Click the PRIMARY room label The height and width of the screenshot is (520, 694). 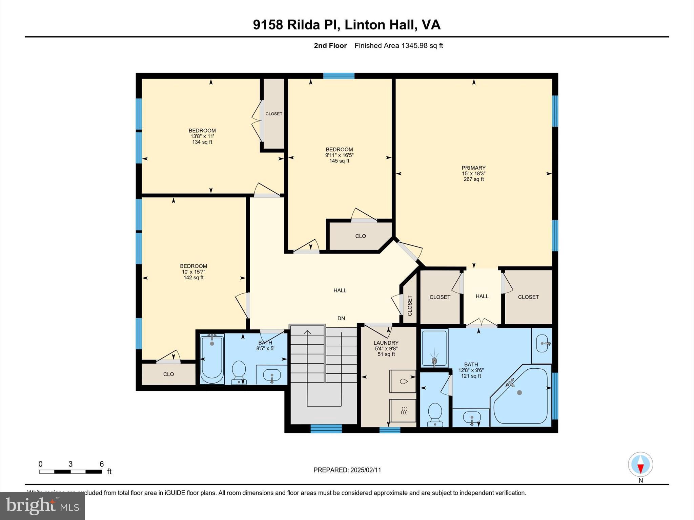point(473,168)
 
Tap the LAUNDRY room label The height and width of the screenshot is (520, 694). point(386,343)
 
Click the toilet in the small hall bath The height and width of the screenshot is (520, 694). point(239,372)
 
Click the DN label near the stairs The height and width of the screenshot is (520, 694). point(341,318)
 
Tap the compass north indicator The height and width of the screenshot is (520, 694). point(640,464)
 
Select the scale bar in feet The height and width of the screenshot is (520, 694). point(70,471)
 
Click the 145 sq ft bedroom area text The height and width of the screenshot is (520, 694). point(339,161)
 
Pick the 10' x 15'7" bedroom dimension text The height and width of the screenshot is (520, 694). point(193,272)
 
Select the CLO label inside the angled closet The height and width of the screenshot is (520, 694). point(360,236)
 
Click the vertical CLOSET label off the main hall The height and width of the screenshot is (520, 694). point(410,306)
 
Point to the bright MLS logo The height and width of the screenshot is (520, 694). point(42,506)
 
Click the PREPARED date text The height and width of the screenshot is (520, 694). point(347,470)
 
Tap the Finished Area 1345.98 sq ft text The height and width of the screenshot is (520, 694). point(399,46)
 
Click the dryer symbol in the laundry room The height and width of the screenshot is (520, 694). point(403,411)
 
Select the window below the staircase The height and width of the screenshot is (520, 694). point(326,429)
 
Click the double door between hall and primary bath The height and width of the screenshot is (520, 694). point(482,324)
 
